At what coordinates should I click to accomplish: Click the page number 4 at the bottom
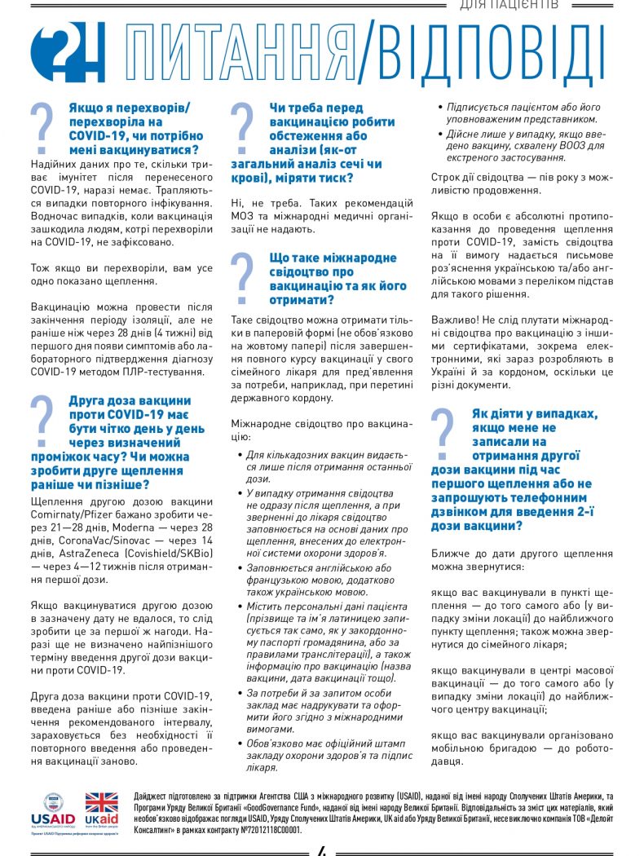[322, 850]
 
